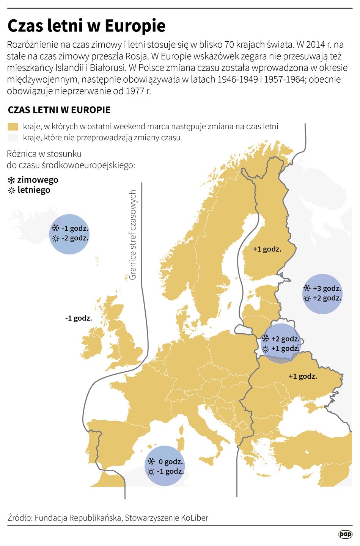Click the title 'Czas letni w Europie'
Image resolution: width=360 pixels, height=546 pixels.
86,26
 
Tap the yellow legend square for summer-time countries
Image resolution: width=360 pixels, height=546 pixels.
13,126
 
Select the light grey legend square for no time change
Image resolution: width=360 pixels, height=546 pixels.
13,137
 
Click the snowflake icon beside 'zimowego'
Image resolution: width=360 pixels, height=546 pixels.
11,180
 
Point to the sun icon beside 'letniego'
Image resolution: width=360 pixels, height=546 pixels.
11,190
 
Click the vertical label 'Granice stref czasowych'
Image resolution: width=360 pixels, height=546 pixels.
132,235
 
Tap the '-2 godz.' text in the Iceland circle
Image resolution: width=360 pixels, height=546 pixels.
75,238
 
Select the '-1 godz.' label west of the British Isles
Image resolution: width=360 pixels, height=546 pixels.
79,318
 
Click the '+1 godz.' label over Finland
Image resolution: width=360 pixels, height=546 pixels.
267,249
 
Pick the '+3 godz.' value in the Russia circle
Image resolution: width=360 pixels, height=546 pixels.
327,289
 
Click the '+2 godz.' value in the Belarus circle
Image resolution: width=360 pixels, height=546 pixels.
285,339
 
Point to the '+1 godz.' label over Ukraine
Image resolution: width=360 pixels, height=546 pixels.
303,377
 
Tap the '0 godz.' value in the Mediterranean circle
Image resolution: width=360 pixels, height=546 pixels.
171,462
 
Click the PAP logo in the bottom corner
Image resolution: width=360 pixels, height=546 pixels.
345,534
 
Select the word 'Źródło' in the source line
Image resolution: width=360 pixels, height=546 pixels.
19,518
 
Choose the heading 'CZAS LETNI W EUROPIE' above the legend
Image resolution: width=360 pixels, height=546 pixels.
59,110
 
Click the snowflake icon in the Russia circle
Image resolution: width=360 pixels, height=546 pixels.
307,288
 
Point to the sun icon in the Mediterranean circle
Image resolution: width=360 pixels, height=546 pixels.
151,472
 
